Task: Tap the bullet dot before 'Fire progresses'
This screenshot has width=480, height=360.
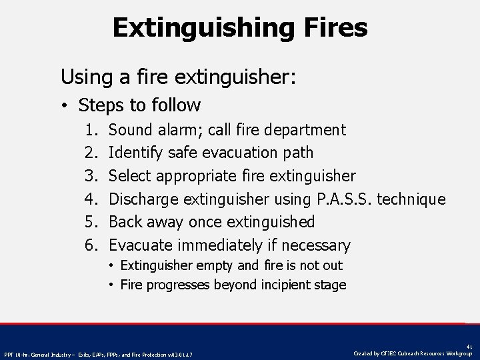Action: point(112,285)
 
